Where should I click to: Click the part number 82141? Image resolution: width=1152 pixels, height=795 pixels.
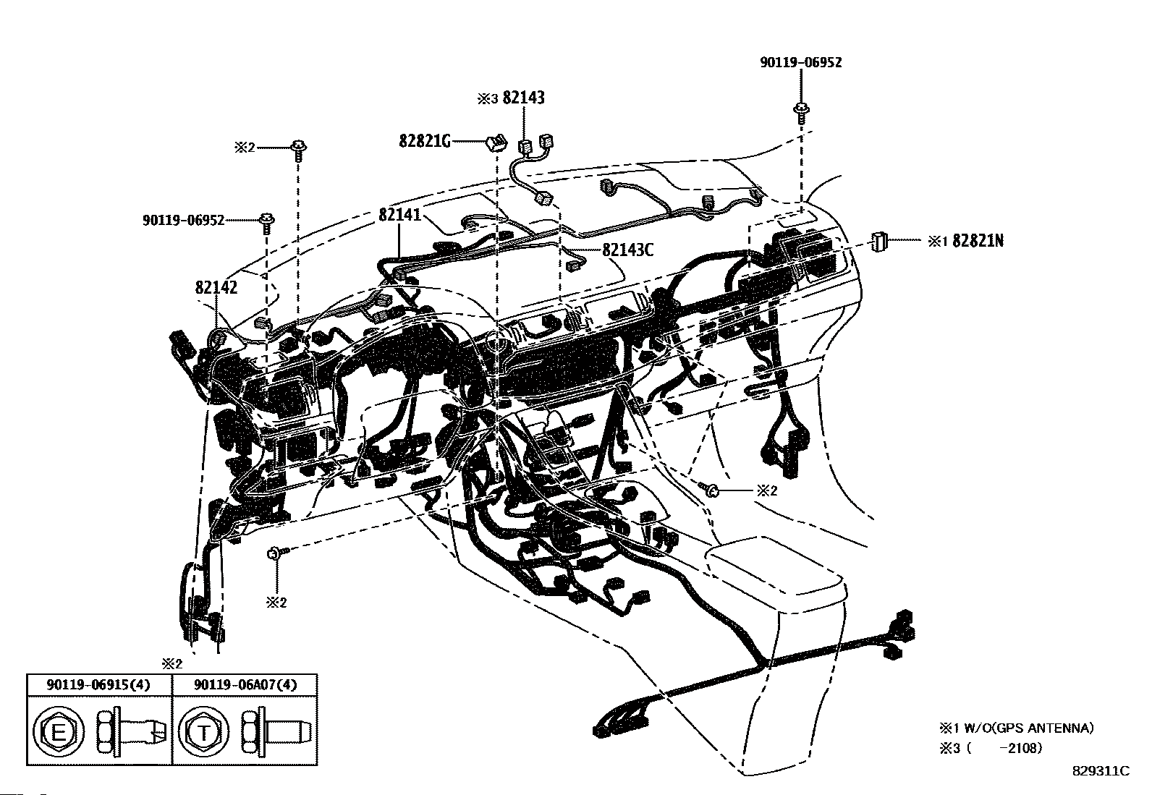point(399,215)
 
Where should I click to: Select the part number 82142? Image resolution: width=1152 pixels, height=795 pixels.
point(216,287)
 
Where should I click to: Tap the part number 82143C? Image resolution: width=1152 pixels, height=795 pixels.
point(627,250)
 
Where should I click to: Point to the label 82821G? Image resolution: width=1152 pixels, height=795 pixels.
point(425,140)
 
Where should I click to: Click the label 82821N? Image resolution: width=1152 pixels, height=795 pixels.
point(978,241)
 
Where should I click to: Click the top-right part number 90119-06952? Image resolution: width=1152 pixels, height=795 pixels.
point(801,63)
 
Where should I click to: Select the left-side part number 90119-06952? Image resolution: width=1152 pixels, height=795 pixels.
point(183,219)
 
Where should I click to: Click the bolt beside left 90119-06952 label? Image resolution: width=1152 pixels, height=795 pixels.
point(267,220)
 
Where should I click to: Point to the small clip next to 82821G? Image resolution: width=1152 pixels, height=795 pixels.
point(495,142)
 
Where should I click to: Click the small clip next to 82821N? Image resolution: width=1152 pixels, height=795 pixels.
point(879,241)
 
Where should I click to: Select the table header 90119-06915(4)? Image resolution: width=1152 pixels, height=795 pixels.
point(99,684)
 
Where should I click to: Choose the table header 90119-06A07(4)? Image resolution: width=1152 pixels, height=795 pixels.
point(245,684)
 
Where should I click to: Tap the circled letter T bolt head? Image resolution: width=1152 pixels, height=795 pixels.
point(204,734)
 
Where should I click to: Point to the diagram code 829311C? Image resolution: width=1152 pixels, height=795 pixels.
point(1100,770)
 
